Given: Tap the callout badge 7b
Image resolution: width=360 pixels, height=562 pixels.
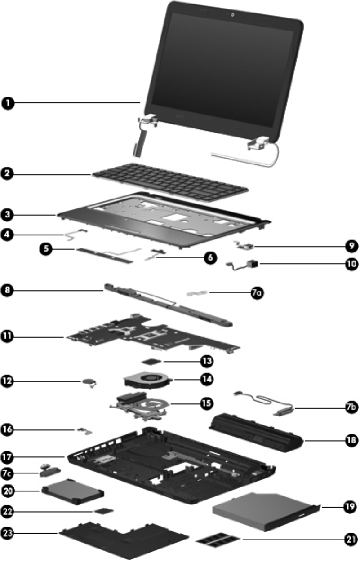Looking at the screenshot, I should (351, 409).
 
